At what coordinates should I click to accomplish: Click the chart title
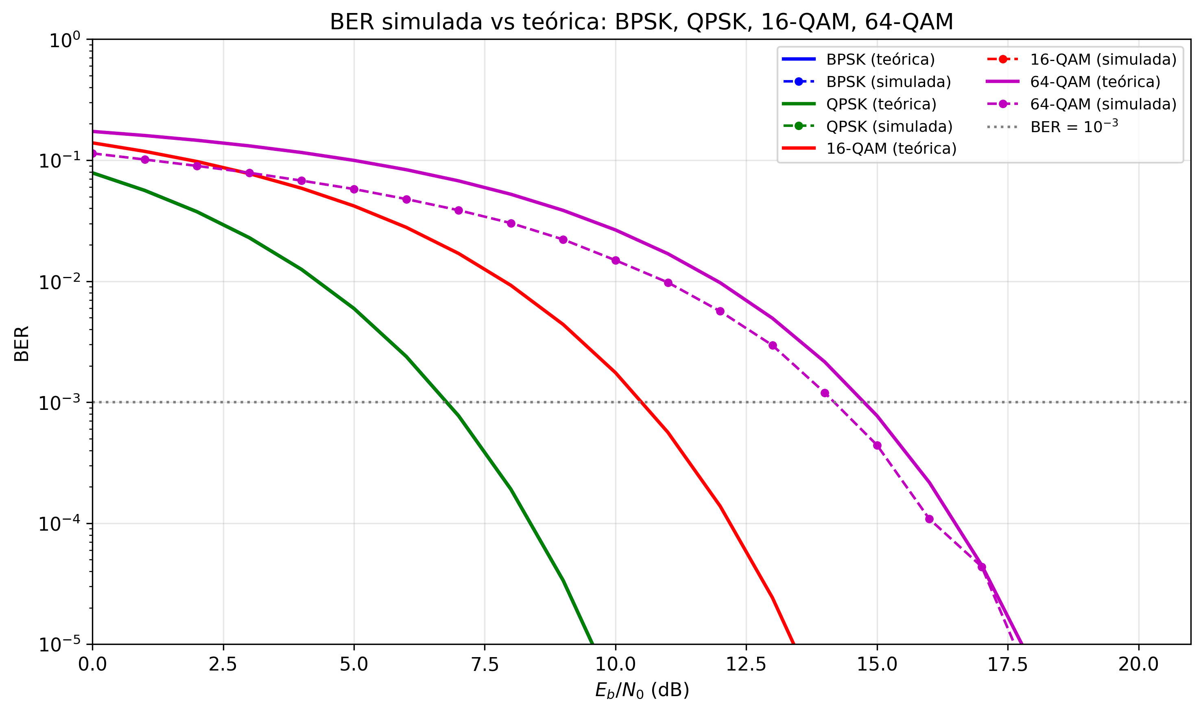point(641,22)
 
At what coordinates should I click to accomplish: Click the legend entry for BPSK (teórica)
point(880,59)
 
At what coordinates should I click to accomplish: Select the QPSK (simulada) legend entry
point(889,126)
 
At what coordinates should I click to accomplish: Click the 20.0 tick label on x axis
point(1138,665)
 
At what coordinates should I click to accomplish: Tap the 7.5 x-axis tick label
point(485,665)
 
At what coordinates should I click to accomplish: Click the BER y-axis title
point(22,344)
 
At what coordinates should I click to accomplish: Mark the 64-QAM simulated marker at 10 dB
point(616,261)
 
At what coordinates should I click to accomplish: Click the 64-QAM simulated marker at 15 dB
point(877,446)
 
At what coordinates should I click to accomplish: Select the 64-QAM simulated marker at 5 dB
point(354,189)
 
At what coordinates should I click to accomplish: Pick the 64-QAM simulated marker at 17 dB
point(982,567)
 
